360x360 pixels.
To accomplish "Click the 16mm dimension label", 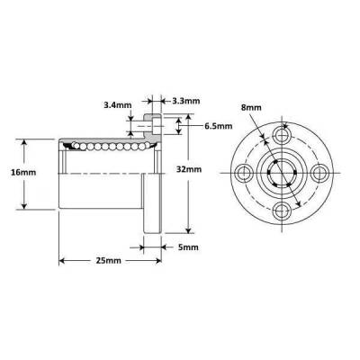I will pos(26,171).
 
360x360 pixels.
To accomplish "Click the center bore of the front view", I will pos(284,173).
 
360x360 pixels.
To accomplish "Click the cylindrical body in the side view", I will pos(99,180).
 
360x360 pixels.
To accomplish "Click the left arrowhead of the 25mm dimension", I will pos(63,261).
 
